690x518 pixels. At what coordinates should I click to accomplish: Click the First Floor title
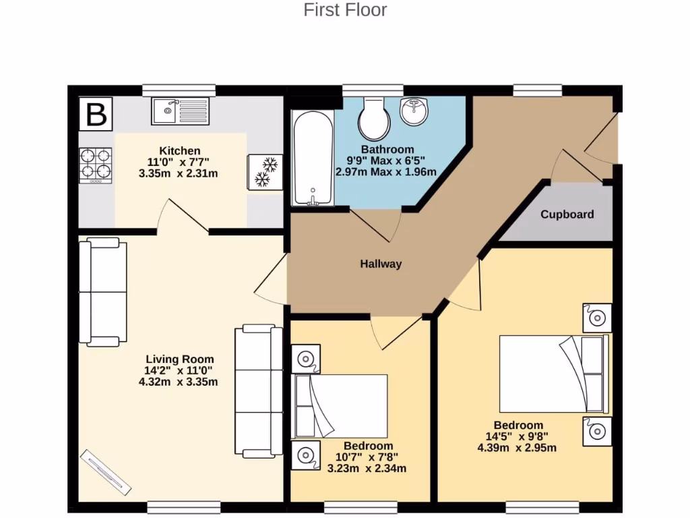click(345, 10)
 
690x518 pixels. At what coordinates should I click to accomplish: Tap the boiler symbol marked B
click(96, 115)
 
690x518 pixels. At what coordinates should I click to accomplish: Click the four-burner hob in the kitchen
click(96, 165)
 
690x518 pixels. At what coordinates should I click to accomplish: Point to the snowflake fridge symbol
click(265, 172)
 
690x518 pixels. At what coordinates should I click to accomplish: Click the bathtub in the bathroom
click(312, 158)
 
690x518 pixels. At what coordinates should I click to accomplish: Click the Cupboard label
click(567, 214)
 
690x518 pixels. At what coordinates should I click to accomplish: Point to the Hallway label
click(380, 264)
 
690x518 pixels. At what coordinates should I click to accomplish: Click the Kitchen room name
click(179, 150)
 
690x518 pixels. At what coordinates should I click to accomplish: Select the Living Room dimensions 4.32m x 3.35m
click(179, 382)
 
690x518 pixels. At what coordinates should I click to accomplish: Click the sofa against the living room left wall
click(103, 292)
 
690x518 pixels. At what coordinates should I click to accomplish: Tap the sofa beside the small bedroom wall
click(259, 390)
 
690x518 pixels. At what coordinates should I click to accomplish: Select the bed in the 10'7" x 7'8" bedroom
click(340, 406)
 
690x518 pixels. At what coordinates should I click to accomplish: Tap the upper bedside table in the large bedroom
click(597, 318)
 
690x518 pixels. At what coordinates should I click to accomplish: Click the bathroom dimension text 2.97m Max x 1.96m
click(386, 172)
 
